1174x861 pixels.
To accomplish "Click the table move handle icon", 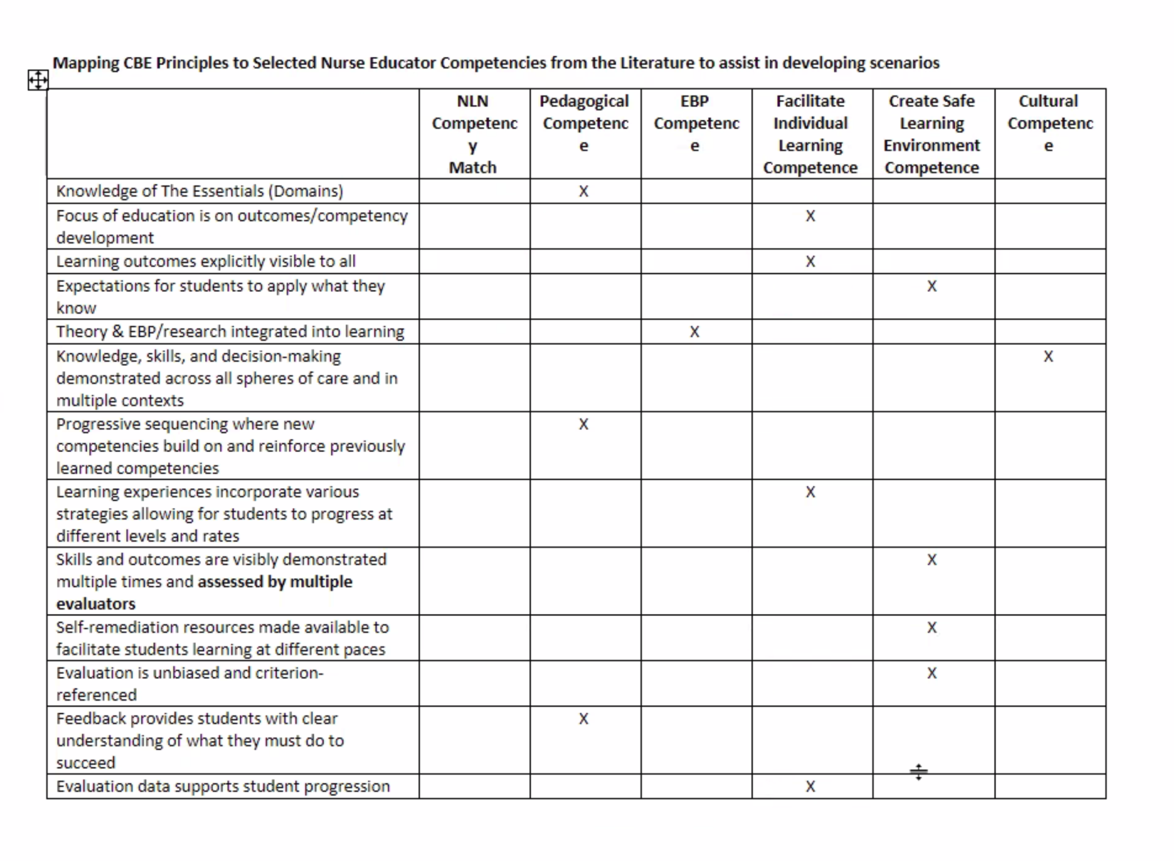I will pos(38,80).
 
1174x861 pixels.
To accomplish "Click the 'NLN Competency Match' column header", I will pos(474,134).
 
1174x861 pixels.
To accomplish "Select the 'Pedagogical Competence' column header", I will pos(584,123).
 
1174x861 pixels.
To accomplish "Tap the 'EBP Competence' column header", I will pos(695,123).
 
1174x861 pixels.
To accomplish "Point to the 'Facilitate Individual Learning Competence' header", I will pos(811,134).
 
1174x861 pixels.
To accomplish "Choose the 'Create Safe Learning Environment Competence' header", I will pos(932,134).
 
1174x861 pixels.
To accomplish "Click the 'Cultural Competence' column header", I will pos(1049,123).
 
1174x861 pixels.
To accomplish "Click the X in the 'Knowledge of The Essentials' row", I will pos(584,191).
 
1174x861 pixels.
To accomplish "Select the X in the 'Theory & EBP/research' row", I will pos(694,331).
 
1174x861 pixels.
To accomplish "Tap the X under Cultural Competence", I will pos(1048,357).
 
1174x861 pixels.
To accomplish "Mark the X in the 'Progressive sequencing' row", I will pos(584,424).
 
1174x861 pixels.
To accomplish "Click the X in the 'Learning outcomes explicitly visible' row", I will pos(810,261).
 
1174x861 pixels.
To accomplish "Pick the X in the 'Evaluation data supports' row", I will pos(810,786).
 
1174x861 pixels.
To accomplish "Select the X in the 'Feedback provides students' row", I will pos(584,719).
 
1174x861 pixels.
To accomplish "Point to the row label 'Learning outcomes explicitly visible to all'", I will pos(206,261).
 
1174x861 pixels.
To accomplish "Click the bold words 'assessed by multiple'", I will pos(275,582).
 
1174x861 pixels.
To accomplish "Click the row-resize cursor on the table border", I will pos(919,772).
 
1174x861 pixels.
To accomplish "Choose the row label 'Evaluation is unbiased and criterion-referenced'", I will pos(190,683).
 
